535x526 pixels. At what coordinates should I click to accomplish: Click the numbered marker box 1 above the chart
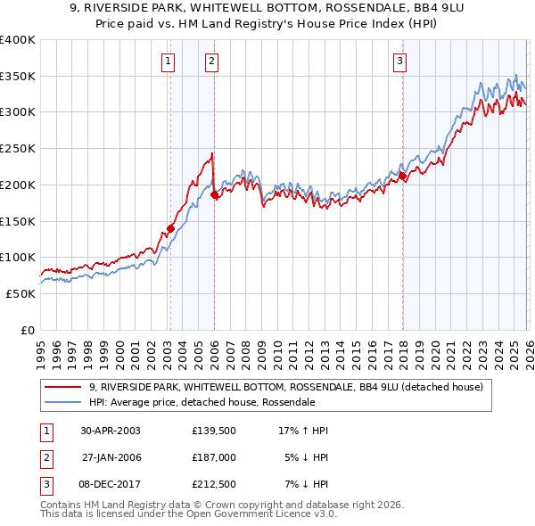[x=169, y=62]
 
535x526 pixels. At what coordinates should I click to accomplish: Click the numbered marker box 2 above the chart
[x=211, y=62]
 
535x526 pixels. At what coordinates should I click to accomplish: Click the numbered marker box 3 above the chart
[x=400, y=62]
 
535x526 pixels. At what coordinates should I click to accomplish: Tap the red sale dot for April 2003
[x=170, y=228]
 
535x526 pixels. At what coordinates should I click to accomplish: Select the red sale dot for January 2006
[x=214, y=194]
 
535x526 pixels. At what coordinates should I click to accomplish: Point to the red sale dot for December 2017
[x=402, y=176]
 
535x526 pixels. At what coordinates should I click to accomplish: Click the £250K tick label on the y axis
[x=18, y=148]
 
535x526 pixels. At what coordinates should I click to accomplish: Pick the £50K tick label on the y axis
[x=21, y=293]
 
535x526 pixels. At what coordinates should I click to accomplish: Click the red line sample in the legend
[x=64, y=387]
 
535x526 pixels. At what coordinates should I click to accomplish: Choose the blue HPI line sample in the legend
[x=64, y=403]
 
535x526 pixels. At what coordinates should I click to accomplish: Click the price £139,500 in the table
[x=214, y=431]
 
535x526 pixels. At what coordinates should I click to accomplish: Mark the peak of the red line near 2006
[x=212, y=153]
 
